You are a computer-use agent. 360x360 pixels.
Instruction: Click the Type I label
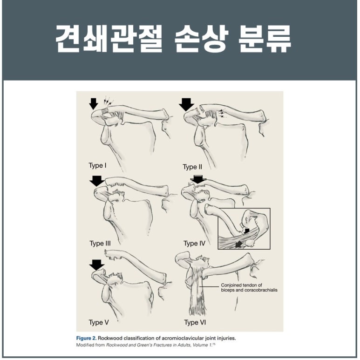(x=97, y=165)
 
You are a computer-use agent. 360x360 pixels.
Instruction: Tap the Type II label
(x=192, y=167)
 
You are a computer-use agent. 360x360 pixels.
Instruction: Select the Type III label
(x=100, y=244)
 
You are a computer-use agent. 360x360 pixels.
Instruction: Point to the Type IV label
(x=194, y=244)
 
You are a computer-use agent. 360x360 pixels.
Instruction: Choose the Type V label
(x=98, y=323)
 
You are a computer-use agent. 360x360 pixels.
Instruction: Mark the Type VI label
(x=195, y=323)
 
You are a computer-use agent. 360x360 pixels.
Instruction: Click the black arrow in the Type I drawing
(x=94, y=104)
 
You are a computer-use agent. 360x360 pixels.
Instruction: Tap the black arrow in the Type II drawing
(x=186, y=104)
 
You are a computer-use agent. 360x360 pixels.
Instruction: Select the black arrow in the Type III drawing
(x=97, y=181)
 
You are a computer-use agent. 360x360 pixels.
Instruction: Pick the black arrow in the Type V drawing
(x=97, y=265)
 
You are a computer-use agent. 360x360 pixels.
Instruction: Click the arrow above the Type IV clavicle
(x=198, y=179)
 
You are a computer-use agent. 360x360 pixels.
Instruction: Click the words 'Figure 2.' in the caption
(x=86, y=338)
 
